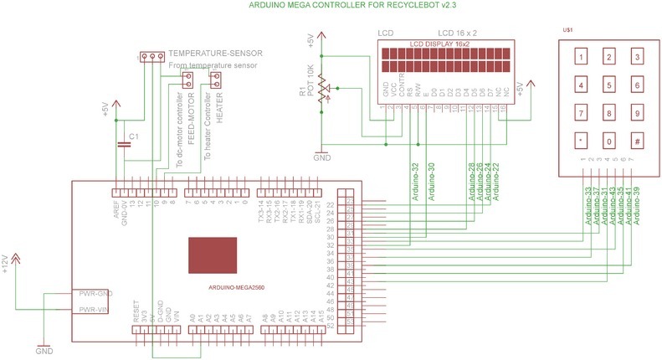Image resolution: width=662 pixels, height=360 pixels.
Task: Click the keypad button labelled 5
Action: pos(609,85)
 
